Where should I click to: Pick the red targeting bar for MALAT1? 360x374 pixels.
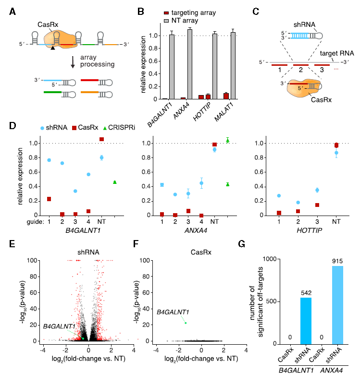213,96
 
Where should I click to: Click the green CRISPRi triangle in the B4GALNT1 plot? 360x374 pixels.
115,182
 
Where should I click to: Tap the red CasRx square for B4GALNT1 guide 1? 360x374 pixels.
49,199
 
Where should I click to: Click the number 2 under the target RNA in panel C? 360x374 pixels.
300,70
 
